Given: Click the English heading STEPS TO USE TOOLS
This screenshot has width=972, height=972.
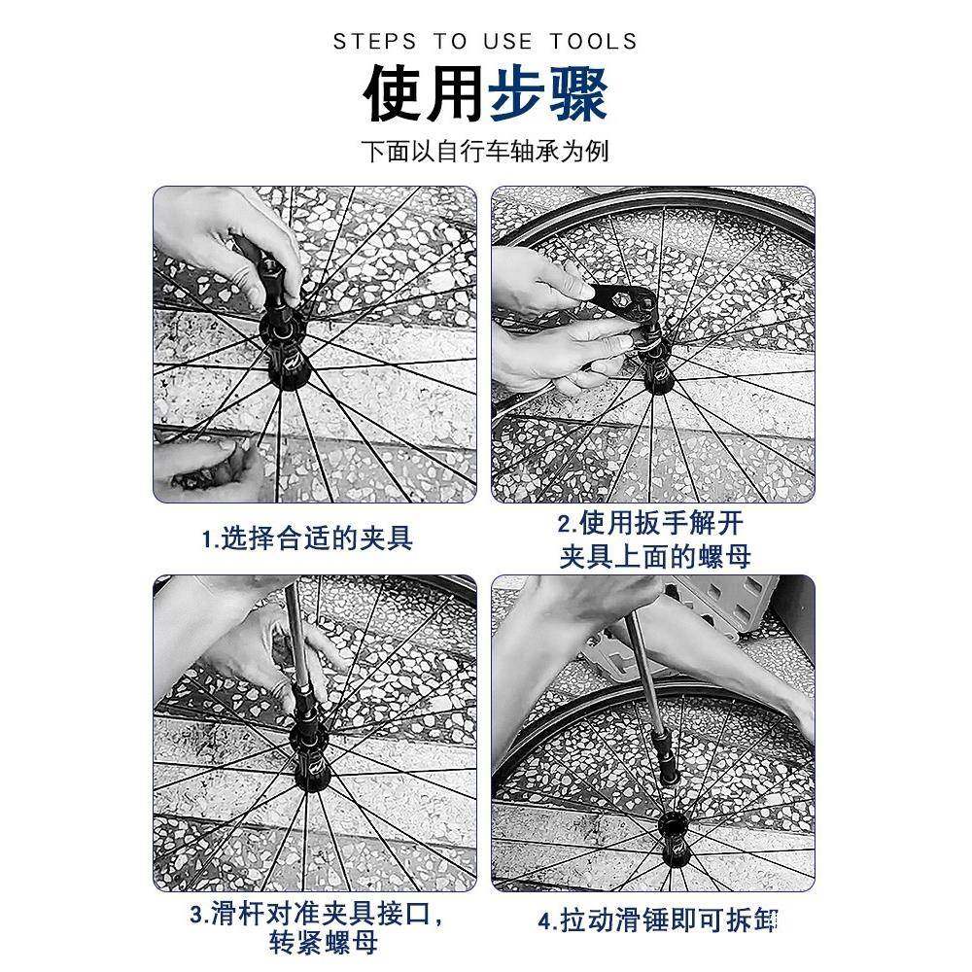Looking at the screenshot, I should (x=485, y=41).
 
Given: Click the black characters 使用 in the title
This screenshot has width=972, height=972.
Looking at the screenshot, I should (x=424, y=95).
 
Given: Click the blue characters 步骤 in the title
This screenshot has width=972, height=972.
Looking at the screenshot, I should (x=548, y=95).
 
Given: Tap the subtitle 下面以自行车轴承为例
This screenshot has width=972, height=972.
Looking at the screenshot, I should (x=485, y=153).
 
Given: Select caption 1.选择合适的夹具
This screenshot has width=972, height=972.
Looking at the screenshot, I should (x=307, y=538).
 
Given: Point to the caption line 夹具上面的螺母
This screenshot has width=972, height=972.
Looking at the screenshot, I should (x=654, y=557).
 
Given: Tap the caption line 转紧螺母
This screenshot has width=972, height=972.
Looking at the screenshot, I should (x=324, y=943).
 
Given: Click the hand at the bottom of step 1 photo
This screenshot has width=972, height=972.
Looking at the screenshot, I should (x=209, y=467).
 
